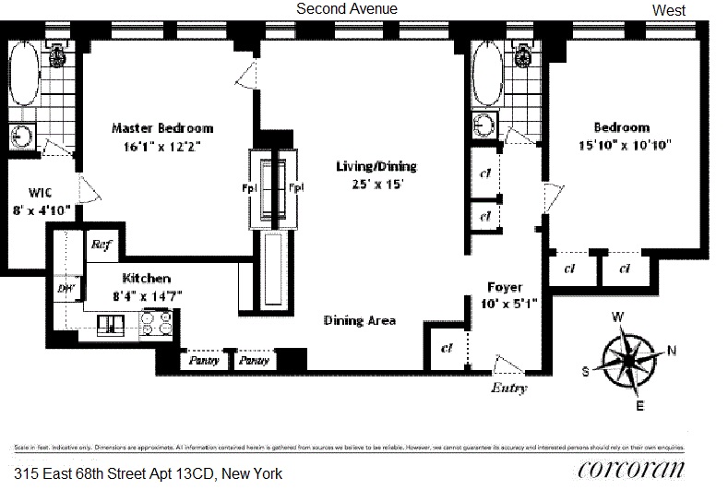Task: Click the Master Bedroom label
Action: [162, 128]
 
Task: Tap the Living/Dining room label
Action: [376, 167]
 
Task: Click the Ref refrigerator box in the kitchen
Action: [101, 245]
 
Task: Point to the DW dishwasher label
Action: [66, 289]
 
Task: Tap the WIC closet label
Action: [40, 193]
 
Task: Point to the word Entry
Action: [508, 388]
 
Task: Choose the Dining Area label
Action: [360, 320]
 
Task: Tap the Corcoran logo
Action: [631, 469]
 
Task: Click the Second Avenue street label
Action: [346, 8]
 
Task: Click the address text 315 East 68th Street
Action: [148, 474]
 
